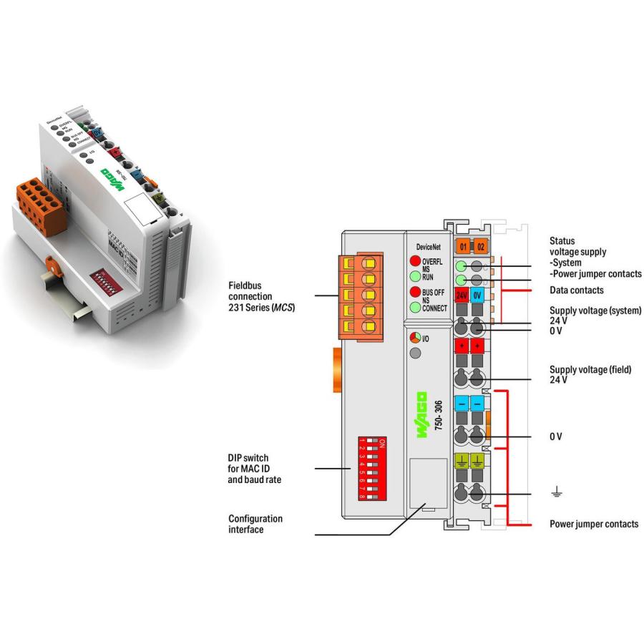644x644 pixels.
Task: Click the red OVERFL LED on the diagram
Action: click(x=414, y=261)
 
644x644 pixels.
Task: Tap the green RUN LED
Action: click(x=414, y=275)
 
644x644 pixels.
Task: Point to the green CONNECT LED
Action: click(x=414, y=308)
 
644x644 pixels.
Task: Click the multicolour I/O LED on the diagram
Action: click(x=414, y=337)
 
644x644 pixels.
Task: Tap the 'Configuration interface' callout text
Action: click(x=255, y=523)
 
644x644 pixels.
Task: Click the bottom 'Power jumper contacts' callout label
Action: click(x=593, y=524)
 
